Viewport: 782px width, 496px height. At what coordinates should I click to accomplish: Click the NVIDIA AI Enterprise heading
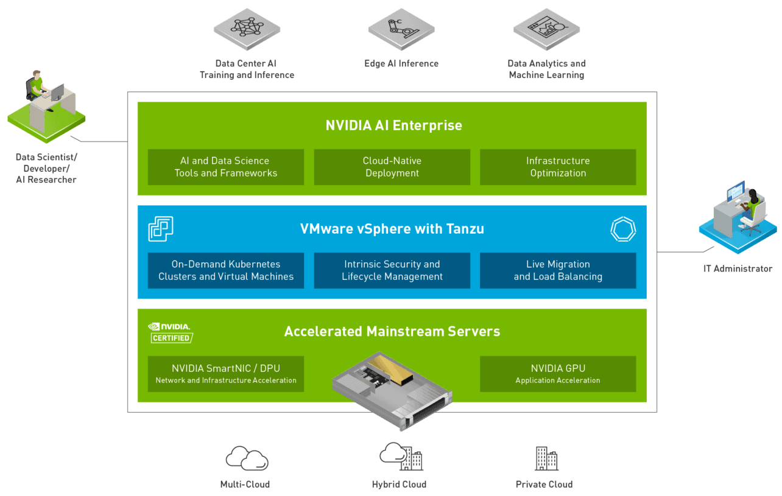coord(393,126)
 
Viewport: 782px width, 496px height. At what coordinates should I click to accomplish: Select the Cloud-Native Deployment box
coord(392,167)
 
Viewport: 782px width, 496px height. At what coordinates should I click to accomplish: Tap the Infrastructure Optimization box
coord(558,167)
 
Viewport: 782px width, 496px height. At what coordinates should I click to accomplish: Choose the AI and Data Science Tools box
coord(225,167)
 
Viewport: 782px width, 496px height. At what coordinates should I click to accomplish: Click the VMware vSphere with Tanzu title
coord(392,229)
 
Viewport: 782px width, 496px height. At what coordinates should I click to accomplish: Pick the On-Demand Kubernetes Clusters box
coord(225,270)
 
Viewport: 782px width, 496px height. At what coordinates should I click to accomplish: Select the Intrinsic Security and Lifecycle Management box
coord(392,270)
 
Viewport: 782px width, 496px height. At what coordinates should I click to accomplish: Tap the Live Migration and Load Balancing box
coord(558,270)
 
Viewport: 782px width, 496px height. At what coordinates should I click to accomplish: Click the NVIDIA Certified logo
coord(171,332)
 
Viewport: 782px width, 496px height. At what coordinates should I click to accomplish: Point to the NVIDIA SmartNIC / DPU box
coord(225,374)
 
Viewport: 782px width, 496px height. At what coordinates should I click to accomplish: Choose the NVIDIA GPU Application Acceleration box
coord(558,374)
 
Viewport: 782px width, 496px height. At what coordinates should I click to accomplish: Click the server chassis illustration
coord(392,390)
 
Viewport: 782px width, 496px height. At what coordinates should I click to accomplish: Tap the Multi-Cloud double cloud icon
coord(247,458)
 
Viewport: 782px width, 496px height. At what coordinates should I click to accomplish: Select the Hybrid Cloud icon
coord(400,456)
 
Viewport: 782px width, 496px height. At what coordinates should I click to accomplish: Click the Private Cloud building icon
coord(546,458)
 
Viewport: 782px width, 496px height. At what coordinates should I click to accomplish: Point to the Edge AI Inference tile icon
coord(401,29)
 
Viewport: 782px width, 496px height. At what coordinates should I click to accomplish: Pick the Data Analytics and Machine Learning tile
coord(546,29)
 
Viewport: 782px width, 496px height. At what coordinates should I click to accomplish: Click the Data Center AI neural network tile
coord(247,29)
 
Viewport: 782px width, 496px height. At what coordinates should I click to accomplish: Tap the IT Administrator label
coord(738,268)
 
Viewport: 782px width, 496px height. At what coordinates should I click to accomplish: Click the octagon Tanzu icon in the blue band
coord(622,229)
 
